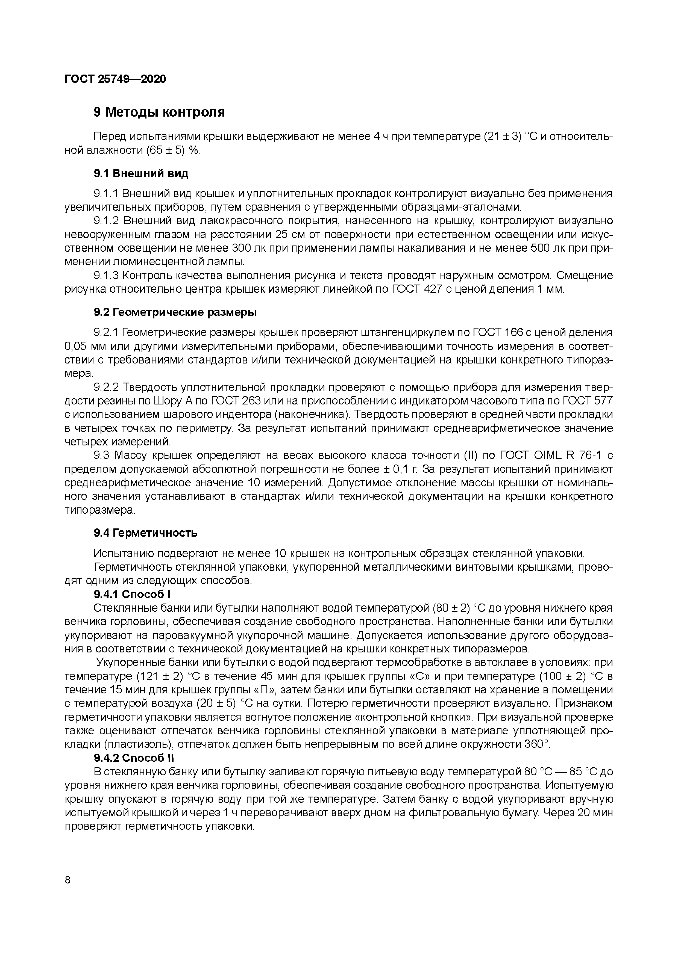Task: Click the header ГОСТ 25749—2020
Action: (x=115, y=79)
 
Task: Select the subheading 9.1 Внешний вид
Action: (x=141, y=174)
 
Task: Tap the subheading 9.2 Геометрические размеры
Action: (x=175, y=312)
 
